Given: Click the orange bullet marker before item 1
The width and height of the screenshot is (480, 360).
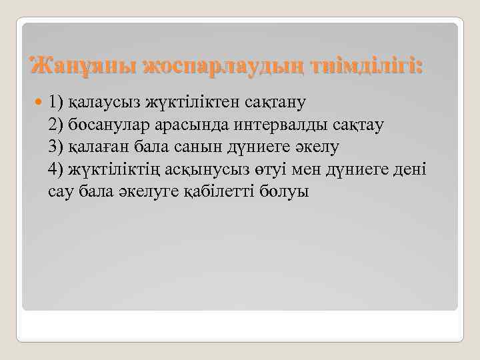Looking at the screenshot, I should [38, 103].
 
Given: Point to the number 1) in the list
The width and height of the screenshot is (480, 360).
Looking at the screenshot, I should [56, 102].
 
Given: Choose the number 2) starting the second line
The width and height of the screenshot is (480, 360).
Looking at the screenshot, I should [56, 125].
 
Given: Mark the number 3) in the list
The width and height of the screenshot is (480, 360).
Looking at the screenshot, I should [56, 147].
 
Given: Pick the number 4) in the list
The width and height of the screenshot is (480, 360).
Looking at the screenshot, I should [56, 170].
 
